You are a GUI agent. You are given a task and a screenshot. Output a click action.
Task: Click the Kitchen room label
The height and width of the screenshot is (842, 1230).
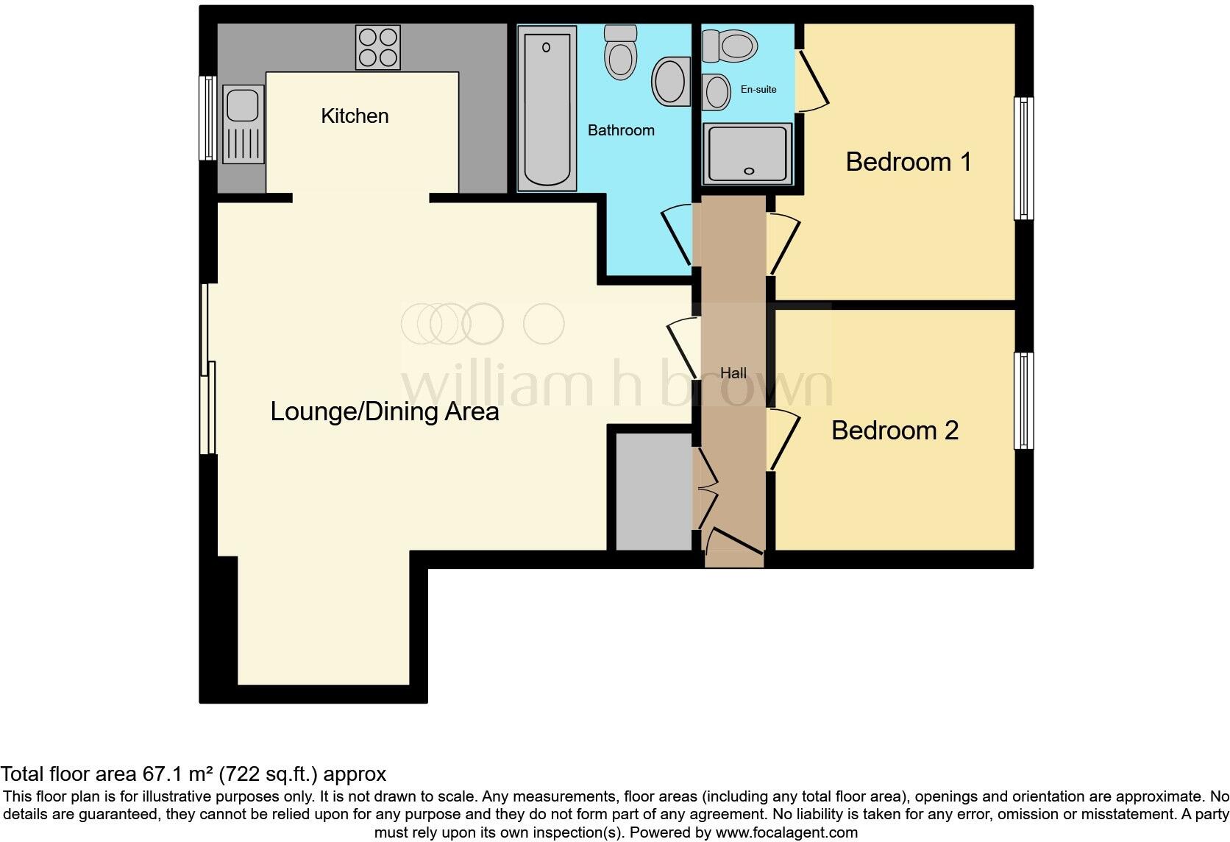(x=355, y=116)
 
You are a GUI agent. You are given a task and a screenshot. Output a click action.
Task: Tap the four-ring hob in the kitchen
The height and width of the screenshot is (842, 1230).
(x=378, y=47)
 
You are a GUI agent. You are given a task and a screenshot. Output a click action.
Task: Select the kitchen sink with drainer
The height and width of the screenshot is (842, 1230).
(x=243, y=124)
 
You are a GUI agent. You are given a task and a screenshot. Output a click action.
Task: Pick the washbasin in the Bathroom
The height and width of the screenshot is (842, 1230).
(x=670, y=82)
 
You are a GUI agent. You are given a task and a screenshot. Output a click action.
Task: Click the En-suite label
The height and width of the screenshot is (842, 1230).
(x=758, y=89)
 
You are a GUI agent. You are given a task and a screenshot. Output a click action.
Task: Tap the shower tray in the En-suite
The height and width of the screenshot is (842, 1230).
(x=747, y=154)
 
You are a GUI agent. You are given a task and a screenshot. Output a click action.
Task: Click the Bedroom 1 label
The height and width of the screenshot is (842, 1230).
(x=909, y=162)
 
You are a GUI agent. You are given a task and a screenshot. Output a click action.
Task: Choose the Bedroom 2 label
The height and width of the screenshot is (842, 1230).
(x=895, y=431)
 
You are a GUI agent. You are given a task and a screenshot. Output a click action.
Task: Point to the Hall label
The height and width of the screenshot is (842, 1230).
(x=733, y=373)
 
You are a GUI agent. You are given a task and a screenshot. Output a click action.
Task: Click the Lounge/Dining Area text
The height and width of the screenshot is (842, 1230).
(x=385, y=411)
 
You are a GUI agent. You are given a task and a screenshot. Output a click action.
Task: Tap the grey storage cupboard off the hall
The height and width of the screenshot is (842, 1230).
(x=653, y=492)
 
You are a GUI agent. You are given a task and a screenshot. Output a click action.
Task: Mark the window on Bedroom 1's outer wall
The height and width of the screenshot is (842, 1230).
(x=1023, y=158)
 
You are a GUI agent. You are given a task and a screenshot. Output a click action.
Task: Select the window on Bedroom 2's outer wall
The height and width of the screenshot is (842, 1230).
(x=1023, y=400)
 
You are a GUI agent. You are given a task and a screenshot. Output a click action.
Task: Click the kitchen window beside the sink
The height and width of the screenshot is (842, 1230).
(x=208, y=118)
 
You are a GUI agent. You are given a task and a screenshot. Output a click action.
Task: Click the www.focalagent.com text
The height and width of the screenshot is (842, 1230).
(x=786, y=832)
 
